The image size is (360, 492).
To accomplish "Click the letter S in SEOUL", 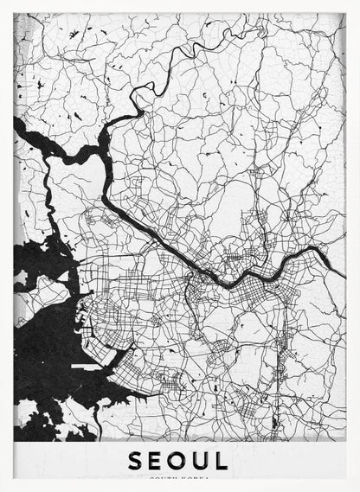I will tap(137, 460).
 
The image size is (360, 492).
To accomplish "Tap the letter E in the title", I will tap(158, 460).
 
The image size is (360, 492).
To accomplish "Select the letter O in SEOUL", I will tap(180, 460).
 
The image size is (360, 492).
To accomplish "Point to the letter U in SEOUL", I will tap(202, 460).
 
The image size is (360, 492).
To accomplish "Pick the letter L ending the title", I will tap(222, 460).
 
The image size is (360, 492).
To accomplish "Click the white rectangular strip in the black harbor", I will tap(87, 367).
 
